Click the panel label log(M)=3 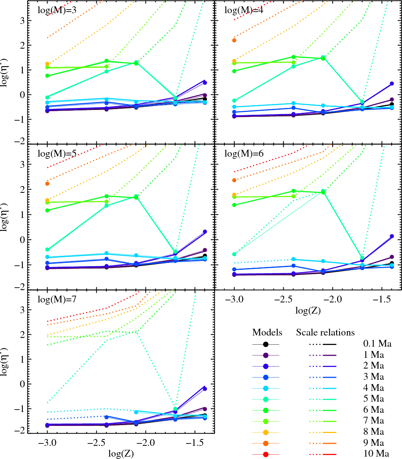[x=57, y=10]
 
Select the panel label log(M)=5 [x=57, y=153]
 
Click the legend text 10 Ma [x=377, y=454]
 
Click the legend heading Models [x=267, y=333]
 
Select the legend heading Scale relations [x=325, y=333]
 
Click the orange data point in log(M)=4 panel [x=234, y=40]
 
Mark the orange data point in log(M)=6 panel [x=234, y=180]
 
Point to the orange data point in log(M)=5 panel [x=47, y=184]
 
